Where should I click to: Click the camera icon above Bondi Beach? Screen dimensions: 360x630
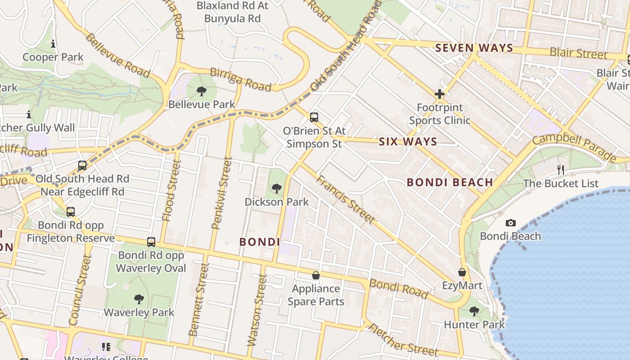[x=510, y=223]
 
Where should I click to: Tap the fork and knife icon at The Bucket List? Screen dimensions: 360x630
[x=561, y=170]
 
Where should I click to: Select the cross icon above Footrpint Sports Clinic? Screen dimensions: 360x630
[x=440, y=94]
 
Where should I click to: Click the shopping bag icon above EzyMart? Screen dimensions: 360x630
[x=462, y=272]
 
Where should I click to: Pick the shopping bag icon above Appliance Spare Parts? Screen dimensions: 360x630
[x=316, y=275]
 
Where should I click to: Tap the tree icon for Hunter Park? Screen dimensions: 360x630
[x=474, y=311]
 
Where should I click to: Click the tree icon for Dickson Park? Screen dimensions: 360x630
[x=276, y=188]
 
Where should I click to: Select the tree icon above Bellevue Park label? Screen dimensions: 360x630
[x=202, y=91]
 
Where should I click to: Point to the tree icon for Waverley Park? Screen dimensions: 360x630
[x=139, y=299]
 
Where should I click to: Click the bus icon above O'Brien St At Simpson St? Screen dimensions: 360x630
[x=314, y=117]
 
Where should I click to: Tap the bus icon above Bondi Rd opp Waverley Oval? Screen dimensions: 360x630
[x=151, y=242]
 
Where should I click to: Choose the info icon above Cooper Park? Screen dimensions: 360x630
[x=53, y=44]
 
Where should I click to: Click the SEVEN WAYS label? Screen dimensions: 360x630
[x=474, y=48]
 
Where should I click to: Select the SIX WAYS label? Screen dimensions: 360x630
[x=408, y=142]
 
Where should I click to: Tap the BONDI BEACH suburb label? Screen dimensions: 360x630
[x=450, y=182]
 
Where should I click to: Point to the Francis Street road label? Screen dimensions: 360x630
[x=345, y=199]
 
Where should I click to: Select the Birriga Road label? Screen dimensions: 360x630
[x=241, y=80]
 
